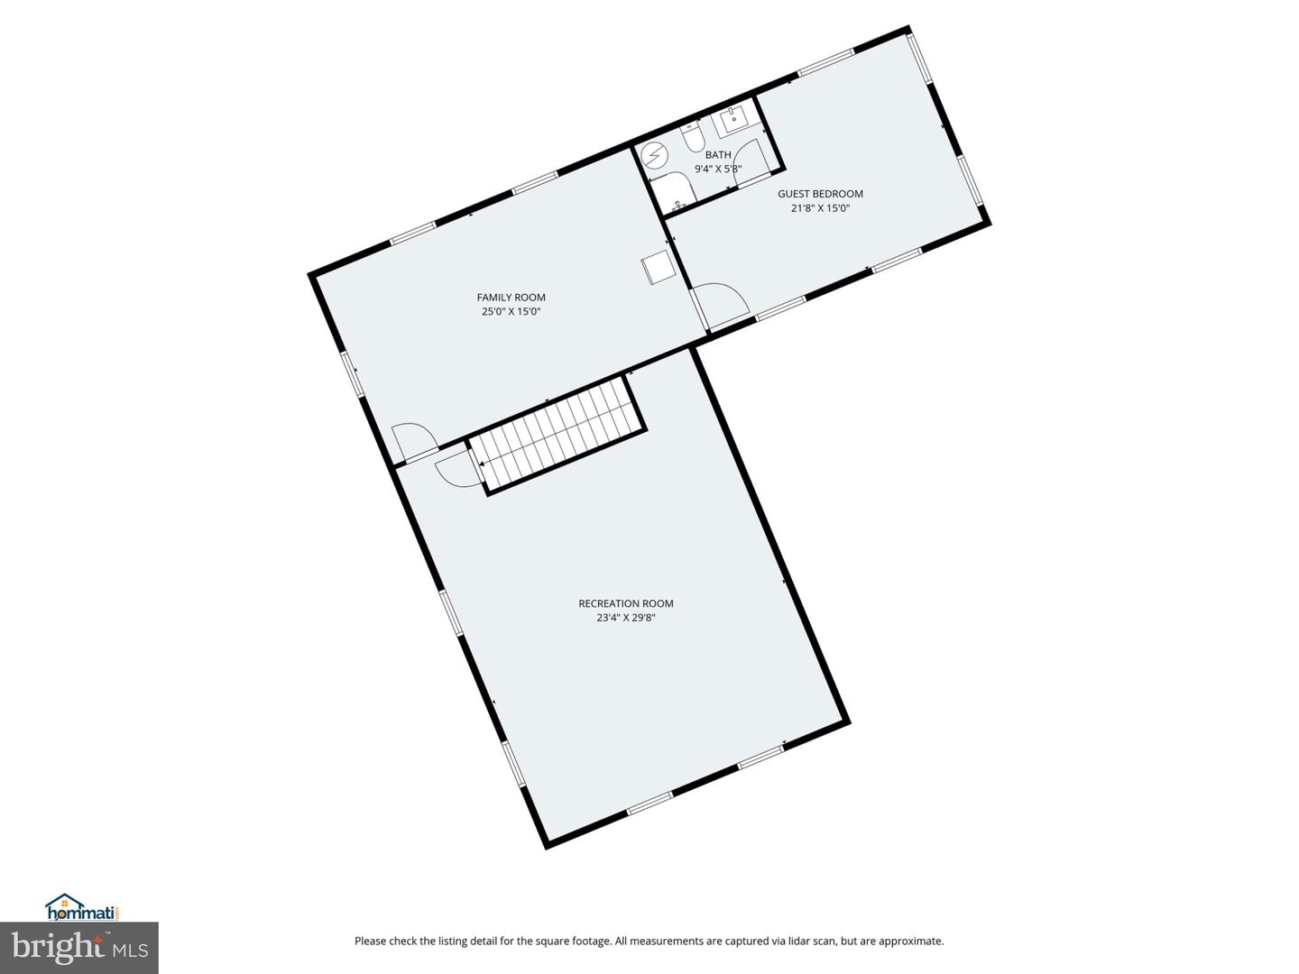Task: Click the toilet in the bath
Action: click(x=693, y=138)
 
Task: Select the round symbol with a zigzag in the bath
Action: click(x=653, y=158)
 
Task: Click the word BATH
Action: click(x=718, y=155)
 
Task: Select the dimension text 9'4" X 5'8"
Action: click(x=718, y=169)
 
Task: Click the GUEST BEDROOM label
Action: click(x=820, y=194)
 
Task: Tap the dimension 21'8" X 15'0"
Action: click(x=820, y=208)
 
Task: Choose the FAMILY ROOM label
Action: click(x=511, y=298)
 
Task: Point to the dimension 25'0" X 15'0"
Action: click(x=511, y=312)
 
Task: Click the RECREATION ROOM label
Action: click(x=625, y=604)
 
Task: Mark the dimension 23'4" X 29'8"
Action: click(x=625, y=619)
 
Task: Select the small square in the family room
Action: click(x=658, y=269)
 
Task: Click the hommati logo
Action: click(x=82, y=907)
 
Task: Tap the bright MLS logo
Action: click(x=79, y=948)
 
